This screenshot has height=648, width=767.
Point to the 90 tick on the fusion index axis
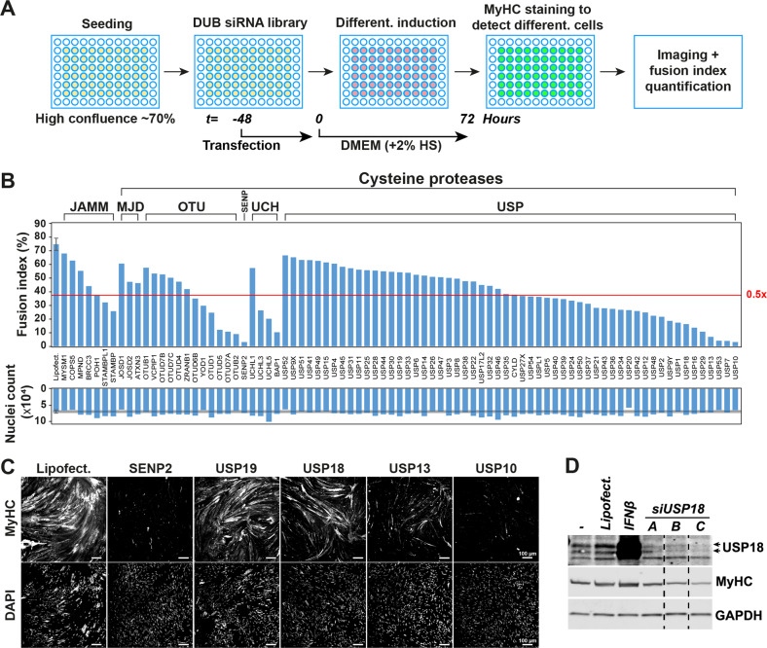(x=42, y=223)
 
